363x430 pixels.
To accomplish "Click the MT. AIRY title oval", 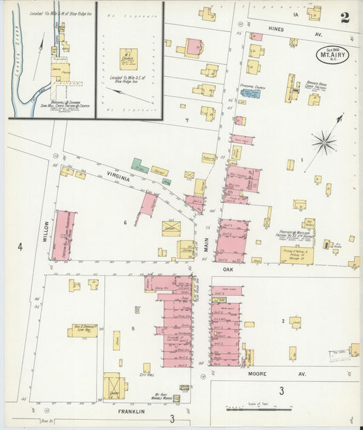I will (x=332, y=54).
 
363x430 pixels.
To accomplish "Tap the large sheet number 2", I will (x=345, y=18).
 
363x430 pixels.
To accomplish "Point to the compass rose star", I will (x=324, y=143).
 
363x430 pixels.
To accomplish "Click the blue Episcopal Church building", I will (x=250, y=93).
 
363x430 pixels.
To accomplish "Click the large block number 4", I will (x=20, y=247).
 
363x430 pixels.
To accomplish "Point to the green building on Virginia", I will (x=140, y=166).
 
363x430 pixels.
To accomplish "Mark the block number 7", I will (x=186, y=120).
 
